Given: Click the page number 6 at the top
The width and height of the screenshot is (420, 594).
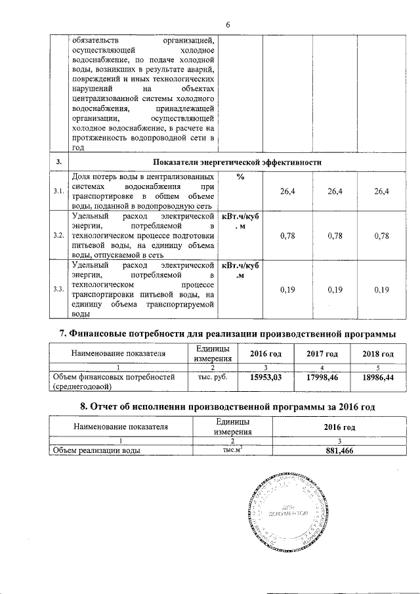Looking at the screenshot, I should pos(228,25).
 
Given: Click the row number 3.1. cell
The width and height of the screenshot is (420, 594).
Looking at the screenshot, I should pos(58,191).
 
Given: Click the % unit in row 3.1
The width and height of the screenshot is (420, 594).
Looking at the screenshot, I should pos(240,177).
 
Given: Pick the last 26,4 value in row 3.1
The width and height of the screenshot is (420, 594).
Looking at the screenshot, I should pos(381,191).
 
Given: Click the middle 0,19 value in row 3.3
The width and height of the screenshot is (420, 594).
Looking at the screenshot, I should pos(335,289).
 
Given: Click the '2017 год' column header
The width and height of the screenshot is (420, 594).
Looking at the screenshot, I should pos(322,354).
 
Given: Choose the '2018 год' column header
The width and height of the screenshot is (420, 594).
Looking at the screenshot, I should pos(378,354).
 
